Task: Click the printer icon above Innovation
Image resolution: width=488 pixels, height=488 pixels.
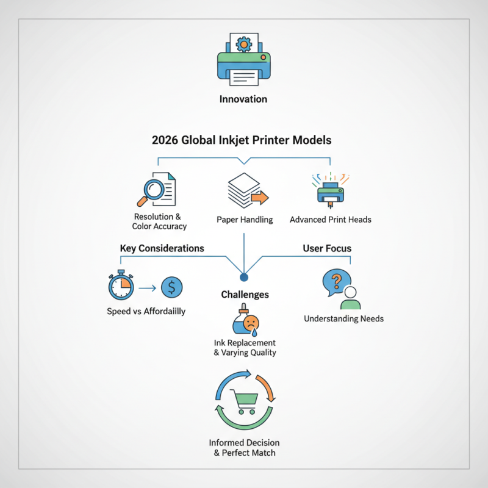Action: [x=243, y=61]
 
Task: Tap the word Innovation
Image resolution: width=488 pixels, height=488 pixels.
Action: [x=243, y=99]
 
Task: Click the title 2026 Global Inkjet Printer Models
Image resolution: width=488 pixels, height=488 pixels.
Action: [x=242, y=140]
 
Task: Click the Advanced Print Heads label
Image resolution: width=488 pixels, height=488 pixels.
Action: [x=330, y=219]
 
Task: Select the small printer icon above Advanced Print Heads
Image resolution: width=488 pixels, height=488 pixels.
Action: [x=330, y=190]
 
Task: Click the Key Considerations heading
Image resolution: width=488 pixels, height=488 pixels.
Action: [x=161, y=248]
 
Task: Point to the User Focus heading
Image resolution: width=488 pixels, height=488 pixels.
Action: [x=327, y=248]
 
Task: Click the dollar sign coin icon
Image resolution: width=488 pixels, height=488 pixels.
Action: [x=171, y=287]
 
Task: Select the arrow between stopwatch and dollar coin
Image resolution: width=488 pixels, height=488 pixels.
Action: [x=146, y=287]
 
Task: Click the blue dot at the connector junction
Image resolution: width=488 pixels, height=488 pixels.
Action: [x=243, y=278]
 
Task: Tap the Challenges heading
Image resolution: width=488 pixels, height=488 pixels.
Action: [x=245, y=295]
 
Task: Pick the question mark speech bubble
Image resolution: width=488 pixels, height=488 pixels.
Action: [x=335, y=282]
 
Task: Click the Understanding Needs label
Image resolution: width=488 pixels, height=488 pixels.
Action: [x=343, y=318]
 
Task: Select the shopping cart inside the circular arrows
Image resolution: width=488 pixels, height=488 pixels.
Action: [x=243, y=401]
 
